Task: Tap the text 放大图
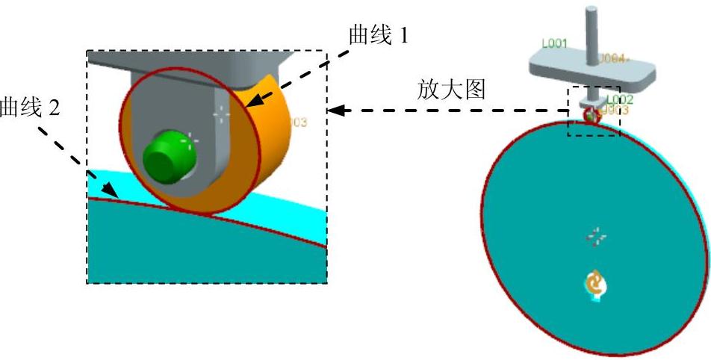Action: [451, 91]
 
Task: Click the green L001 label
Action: [555, 44]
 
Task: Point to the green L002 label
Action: [619, 99]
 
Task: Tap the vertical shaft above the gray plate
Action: [591, 30]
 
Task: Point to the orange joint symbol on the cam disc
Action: [595, 283]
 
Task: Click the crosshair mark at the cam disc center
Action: [595, 238]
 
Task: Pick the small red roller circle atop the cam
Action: [593, 115]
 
